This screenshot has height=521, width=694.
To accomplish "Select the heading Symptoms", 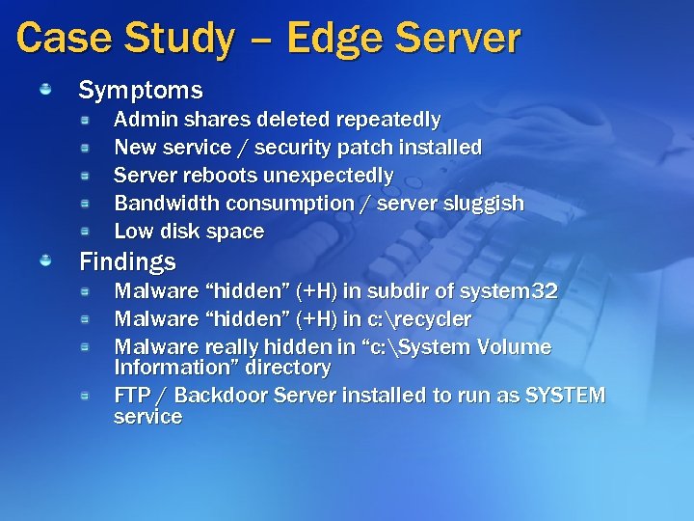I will click(141, 91).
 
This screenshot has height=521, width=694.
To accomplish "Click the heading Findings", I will click(127, 261).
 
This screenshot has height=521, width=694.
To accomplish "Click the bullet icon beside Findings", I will click(45, 261).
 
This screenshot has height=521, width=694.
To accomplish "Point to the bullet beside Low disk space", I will click(85, 232).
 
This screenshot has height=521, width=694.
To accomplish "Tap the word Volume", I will click(515, 346).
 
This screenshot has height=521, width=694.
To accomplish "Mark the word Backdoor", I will click(221, 396).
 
